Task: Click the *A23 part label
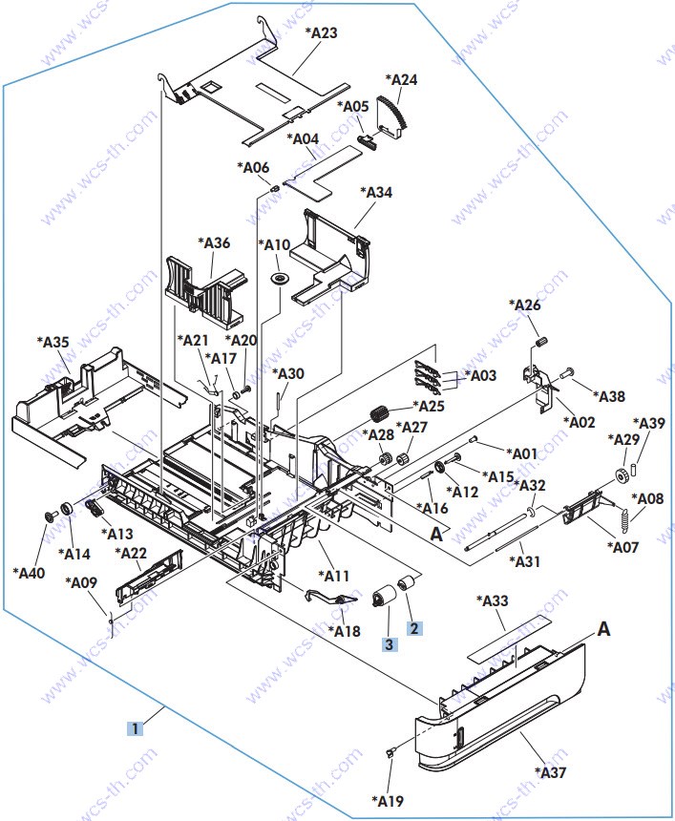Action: coord(321,33)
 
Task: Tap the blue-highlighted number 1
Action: coord(136,728)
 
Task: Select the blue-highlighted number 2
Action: coord(414,628)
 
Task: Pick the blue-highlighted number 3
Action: coord(390,644)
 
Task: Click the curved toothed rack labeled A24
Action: coord(393,117)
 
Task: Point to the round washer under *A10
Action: coord(279,278)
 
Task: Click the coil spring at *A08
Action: coord(624,522)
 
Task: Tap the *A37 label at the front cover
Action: coord(551,771)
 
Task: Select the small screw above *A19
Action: coord(390,752)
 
